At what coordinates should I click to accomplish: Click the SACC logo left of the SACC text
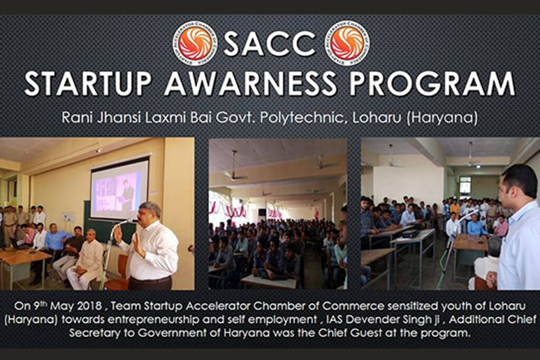point(195,43)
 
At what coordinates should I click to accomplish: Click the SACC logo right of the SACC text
point(347,43)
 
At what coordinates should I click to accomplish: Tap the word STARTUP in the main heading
point(88,84)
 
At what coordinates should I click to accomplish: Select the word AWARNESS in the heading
point(250,84)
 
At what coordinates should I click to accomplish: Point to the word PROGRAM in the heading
point(432,84)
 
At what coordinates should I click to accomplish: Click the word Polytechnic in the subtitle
point(301,118)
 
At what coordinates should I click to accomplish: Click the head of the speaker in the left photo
point(149,212)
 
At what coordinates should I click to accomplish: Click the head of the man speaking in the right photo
point(514,185)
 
